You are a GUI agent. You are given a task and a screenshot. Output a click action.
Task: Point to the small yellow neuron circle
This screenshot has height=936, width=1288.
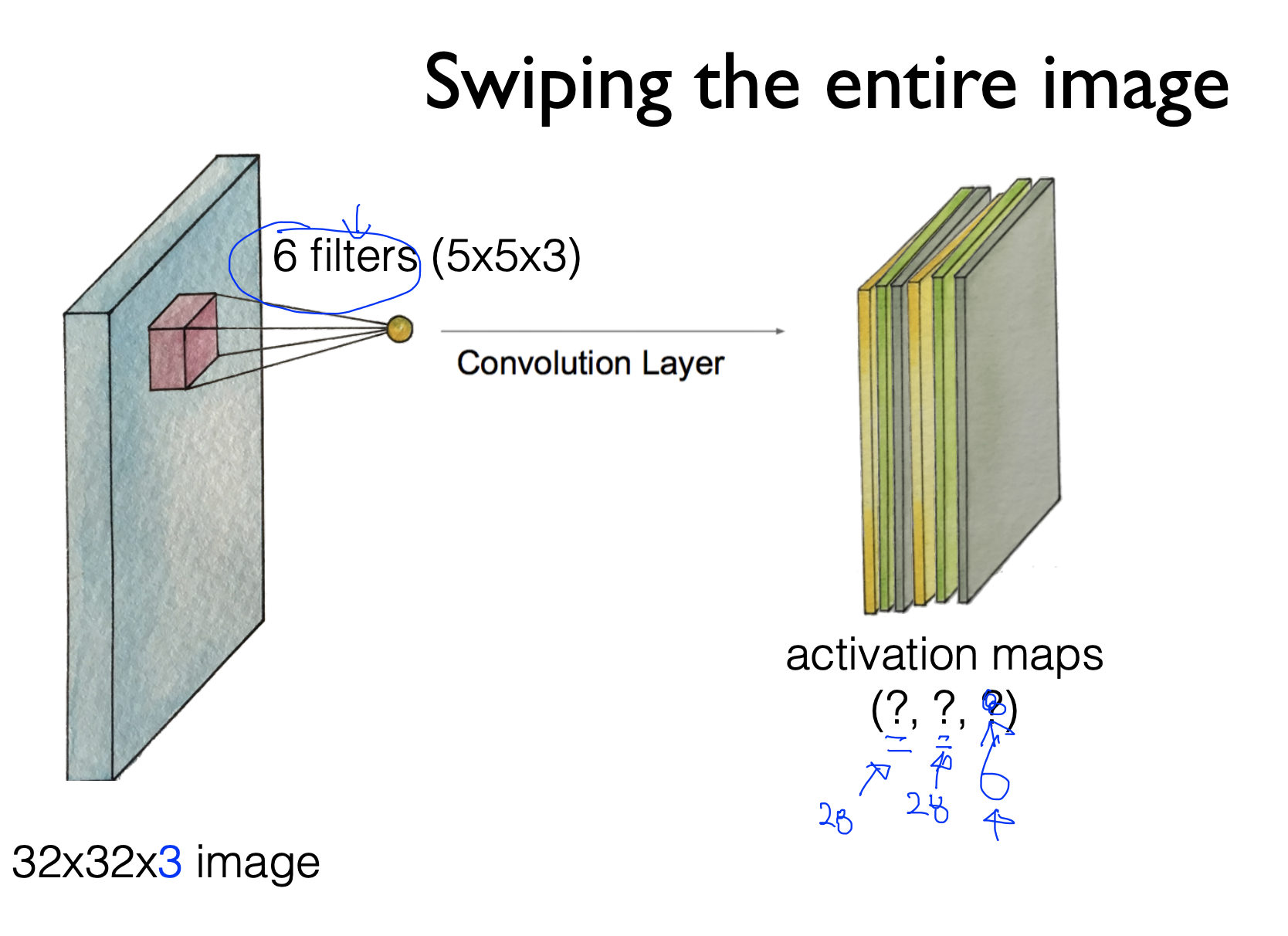click(x=399, y=330)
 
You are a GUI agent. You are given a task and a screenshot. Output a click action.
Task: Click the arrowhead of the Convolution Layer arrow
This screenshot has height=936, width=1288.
click(x=780, y=331)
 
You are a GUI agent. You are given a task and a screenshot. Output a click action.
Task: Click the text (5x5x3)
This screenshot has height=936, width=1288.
click(x=506, y=256)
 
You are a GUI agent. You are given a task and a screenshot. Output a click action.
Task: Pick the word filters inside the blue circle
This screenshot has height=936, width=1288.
click(x=363, y=256)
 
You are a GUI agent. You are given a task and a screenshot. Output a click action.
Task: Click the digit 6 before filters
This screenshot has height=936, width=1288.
click(x=284, y=256)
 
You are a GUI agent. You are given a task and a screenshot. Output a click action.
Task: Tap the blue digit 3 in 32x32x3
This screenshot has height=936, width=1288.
click(x=170, y=862)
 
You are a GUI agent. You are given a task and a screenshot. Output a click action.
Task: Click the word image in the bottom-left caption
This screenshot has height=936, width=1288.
click(x=258, y=863)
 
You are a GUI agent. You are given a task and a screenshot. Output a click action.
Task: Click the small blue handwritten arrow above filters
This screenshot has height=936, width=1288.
click(x=356, y=221)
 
